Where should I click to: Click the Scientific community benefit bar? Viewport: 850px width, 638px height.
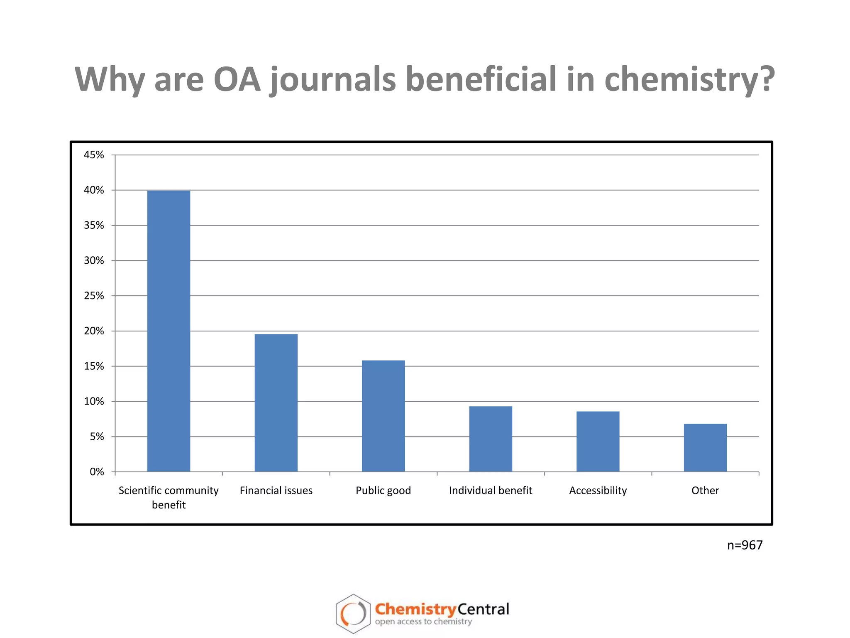click(x=169, y=331)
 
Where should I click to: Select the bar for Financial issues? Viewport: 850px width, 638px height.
click(x=276, y=402)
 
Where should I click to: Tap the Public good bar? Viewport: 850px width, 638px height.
click(x=383, y=416)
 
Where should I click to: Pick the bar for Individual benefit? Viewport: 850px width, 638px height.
click(x=491, y=439)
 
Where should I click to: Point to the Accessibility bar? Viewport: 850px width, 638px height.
click(x=598, y=441)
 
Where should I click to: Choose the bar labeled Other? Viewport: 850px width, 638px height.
click(x=705, y=447)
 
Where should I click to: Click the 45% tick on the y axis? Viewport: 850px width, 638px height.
click(x=94, y=155)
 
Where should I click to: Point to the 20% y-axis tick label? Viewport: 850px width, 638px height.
click(x=94, y=331)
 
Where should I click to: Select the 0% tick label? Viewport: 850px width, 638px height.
click(x=97, y=472)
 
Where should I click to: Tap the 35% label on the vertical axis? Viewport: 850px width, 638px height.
click(x=94, y=226)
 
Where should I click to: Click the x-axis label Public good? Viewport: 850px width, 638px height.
click(x=383, y=491)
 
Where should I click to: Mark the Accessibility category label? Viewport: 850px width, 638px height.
click(x=598, y=491)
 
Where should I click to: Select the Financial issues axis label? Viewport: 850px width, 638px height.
click(x=276, y=491)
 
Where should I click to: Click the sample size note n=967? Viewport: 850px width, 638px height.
click(x=745, y=545)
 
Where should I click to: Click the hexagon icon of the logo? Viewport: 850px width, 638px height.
click(x=353, y=613)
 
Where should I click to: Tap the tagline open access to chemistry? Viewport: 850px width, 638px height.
click(x=423, y=622)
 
